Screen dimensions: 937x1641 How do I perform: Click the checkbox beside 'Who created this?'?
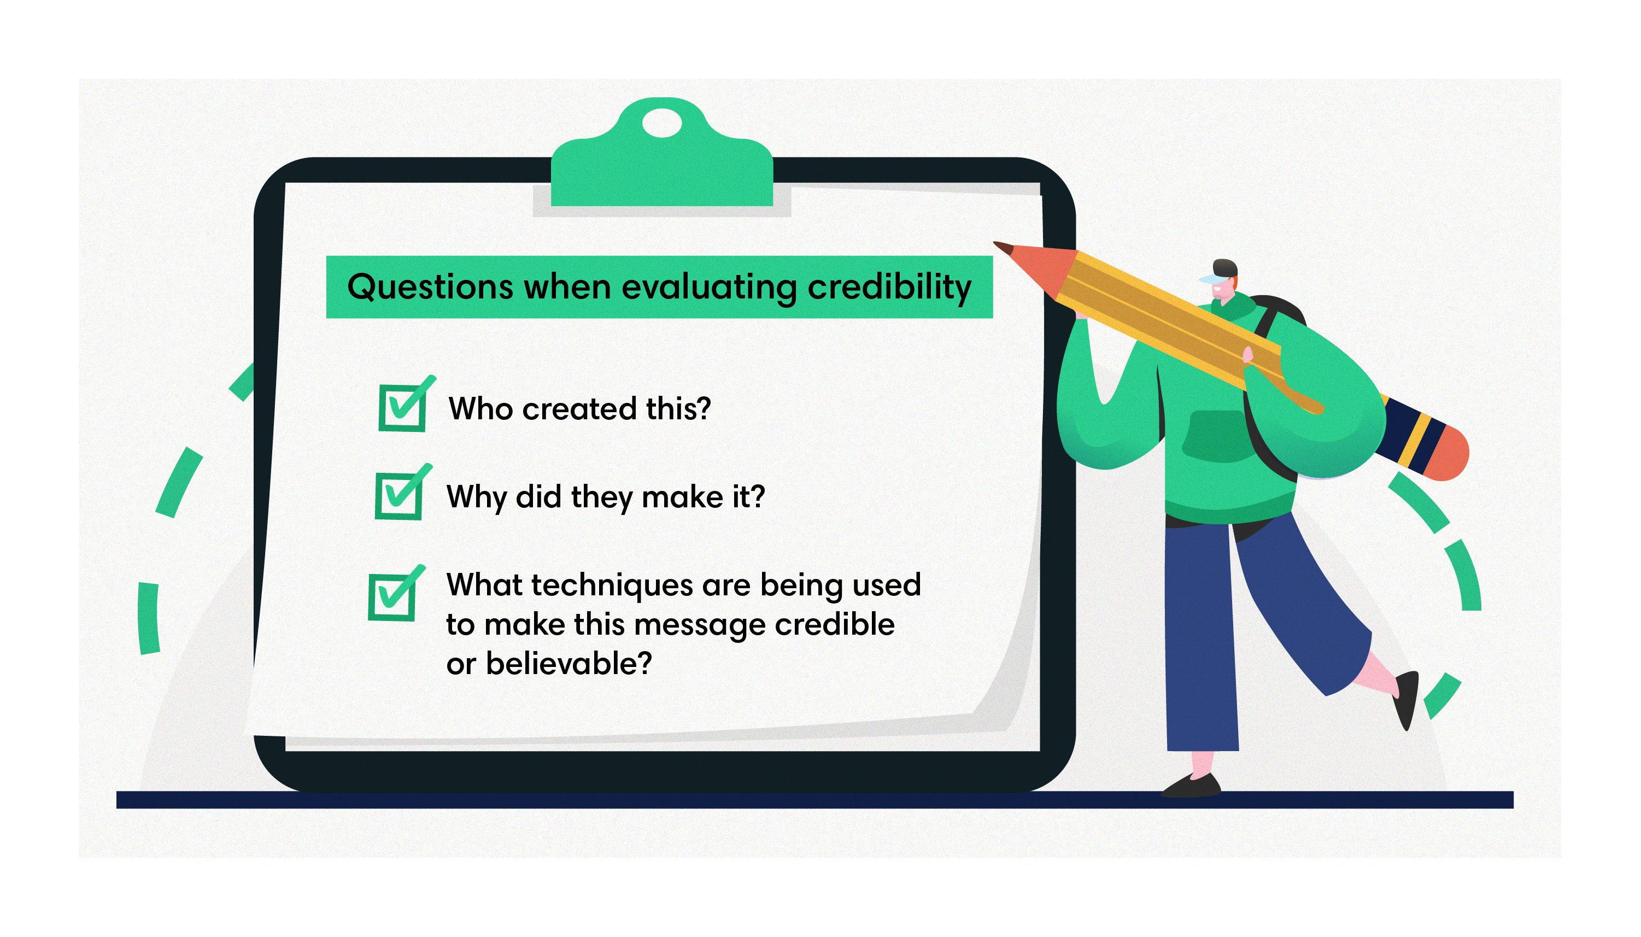click(402, 407)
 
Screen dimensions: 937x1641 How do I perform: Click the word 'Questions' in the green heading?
click(430, 287)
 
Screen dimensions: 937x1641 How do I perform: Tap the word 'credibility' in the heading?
click(889, 287)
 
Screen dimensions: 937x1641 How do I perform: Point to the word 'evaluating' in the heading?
click(708, 287)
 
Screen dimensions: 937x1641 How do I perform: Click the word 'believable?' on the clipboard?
click(569, 664)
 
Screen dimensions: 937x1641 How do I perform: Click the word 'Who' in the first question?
click(480, 409)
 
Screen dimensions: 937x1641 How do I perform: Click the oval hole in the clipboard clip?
click(661, 123)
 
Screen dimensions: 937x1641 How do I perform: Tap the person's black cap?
click(1224, 267)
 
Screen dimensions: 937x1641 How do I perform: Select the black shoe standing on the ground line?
click(1191, 787)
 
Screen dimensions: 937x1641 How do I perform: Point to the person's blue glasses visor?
click(1210, 279)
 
